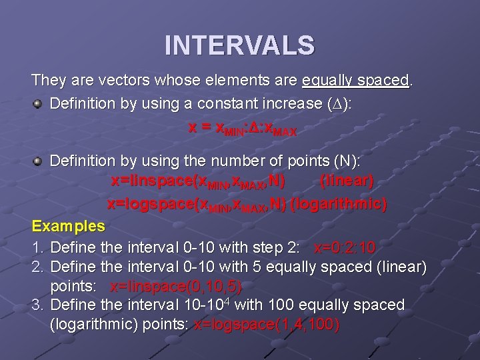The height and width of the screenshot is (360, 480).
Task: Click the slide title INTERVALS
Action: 239,45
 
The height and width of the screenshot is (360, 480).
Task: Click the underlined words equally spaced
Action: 355,81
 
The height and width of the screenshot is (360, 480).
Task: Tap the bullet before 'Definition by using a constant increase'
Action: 39,104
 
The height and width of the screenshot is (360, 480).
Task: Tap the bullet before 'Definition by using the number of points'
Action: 39,161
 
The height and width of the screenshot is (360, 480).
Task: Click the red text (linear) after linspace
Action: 347,181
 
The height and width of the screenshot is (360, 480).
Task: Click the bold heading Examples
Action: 68,225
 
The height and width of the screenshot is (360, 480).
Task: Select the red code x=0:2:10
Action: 344,248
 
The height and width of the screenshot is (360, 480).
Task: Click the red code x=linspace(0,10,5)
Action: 175,287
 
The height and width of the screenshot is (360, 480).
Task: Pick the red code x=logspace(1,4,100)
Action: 266,325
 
